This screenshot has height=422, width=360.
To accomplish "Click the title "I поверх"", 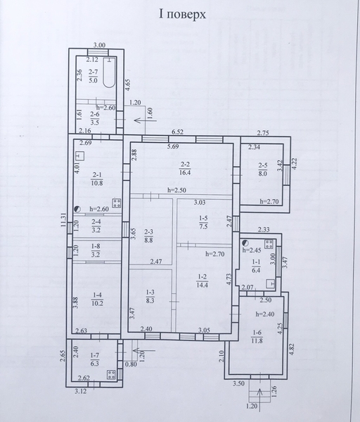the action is point(182,15).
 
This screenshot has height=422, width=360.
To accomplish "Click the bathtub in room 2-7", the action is point(109,72).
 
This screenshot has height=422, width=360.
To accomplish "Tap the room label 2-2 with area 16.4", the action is point(185,169).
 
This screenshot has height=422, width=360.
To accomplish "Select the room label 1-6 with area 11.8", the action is point(257,337).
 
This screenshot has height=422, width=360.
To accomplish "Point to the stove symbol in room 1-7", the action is point(111,374).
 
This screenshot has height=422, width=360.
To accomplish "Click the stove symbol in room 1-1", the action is point(269,244).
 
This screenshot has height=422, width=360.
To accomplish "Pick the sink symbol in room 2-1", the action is point(80,155).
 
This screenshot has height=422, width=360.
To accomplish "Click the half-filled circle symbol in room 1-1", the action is point(245,243).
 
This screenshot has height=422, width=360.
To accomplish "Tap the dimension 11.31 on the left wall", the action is point(63,219).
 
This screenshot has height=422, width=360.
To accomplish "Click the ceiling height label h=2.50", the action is point(176,190).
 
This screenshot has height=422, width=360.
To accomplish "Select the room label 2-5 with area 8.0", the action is point(262,170).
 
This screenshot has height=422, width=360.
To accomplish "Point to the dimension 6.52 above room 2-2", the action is point(179,132).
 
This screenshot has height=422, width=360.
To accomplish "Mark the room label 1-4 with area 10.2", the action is point(97,300).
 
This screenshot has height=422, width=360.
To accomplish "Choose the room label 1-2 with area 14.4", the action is point(202,281).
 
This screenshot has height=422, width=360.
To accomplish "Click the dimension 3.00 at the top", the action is point(99,45).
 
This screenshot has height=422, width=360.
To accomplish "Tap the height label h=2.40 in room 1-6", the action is point(265,314).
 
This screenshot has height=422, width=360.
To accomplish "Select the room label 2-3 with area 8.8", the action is point(148,236).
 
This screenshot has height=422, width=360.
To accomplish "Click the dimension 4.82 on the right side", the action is point(292,349).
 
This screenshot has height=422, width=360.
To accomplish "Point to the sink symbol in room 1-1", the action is point(271,283).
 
